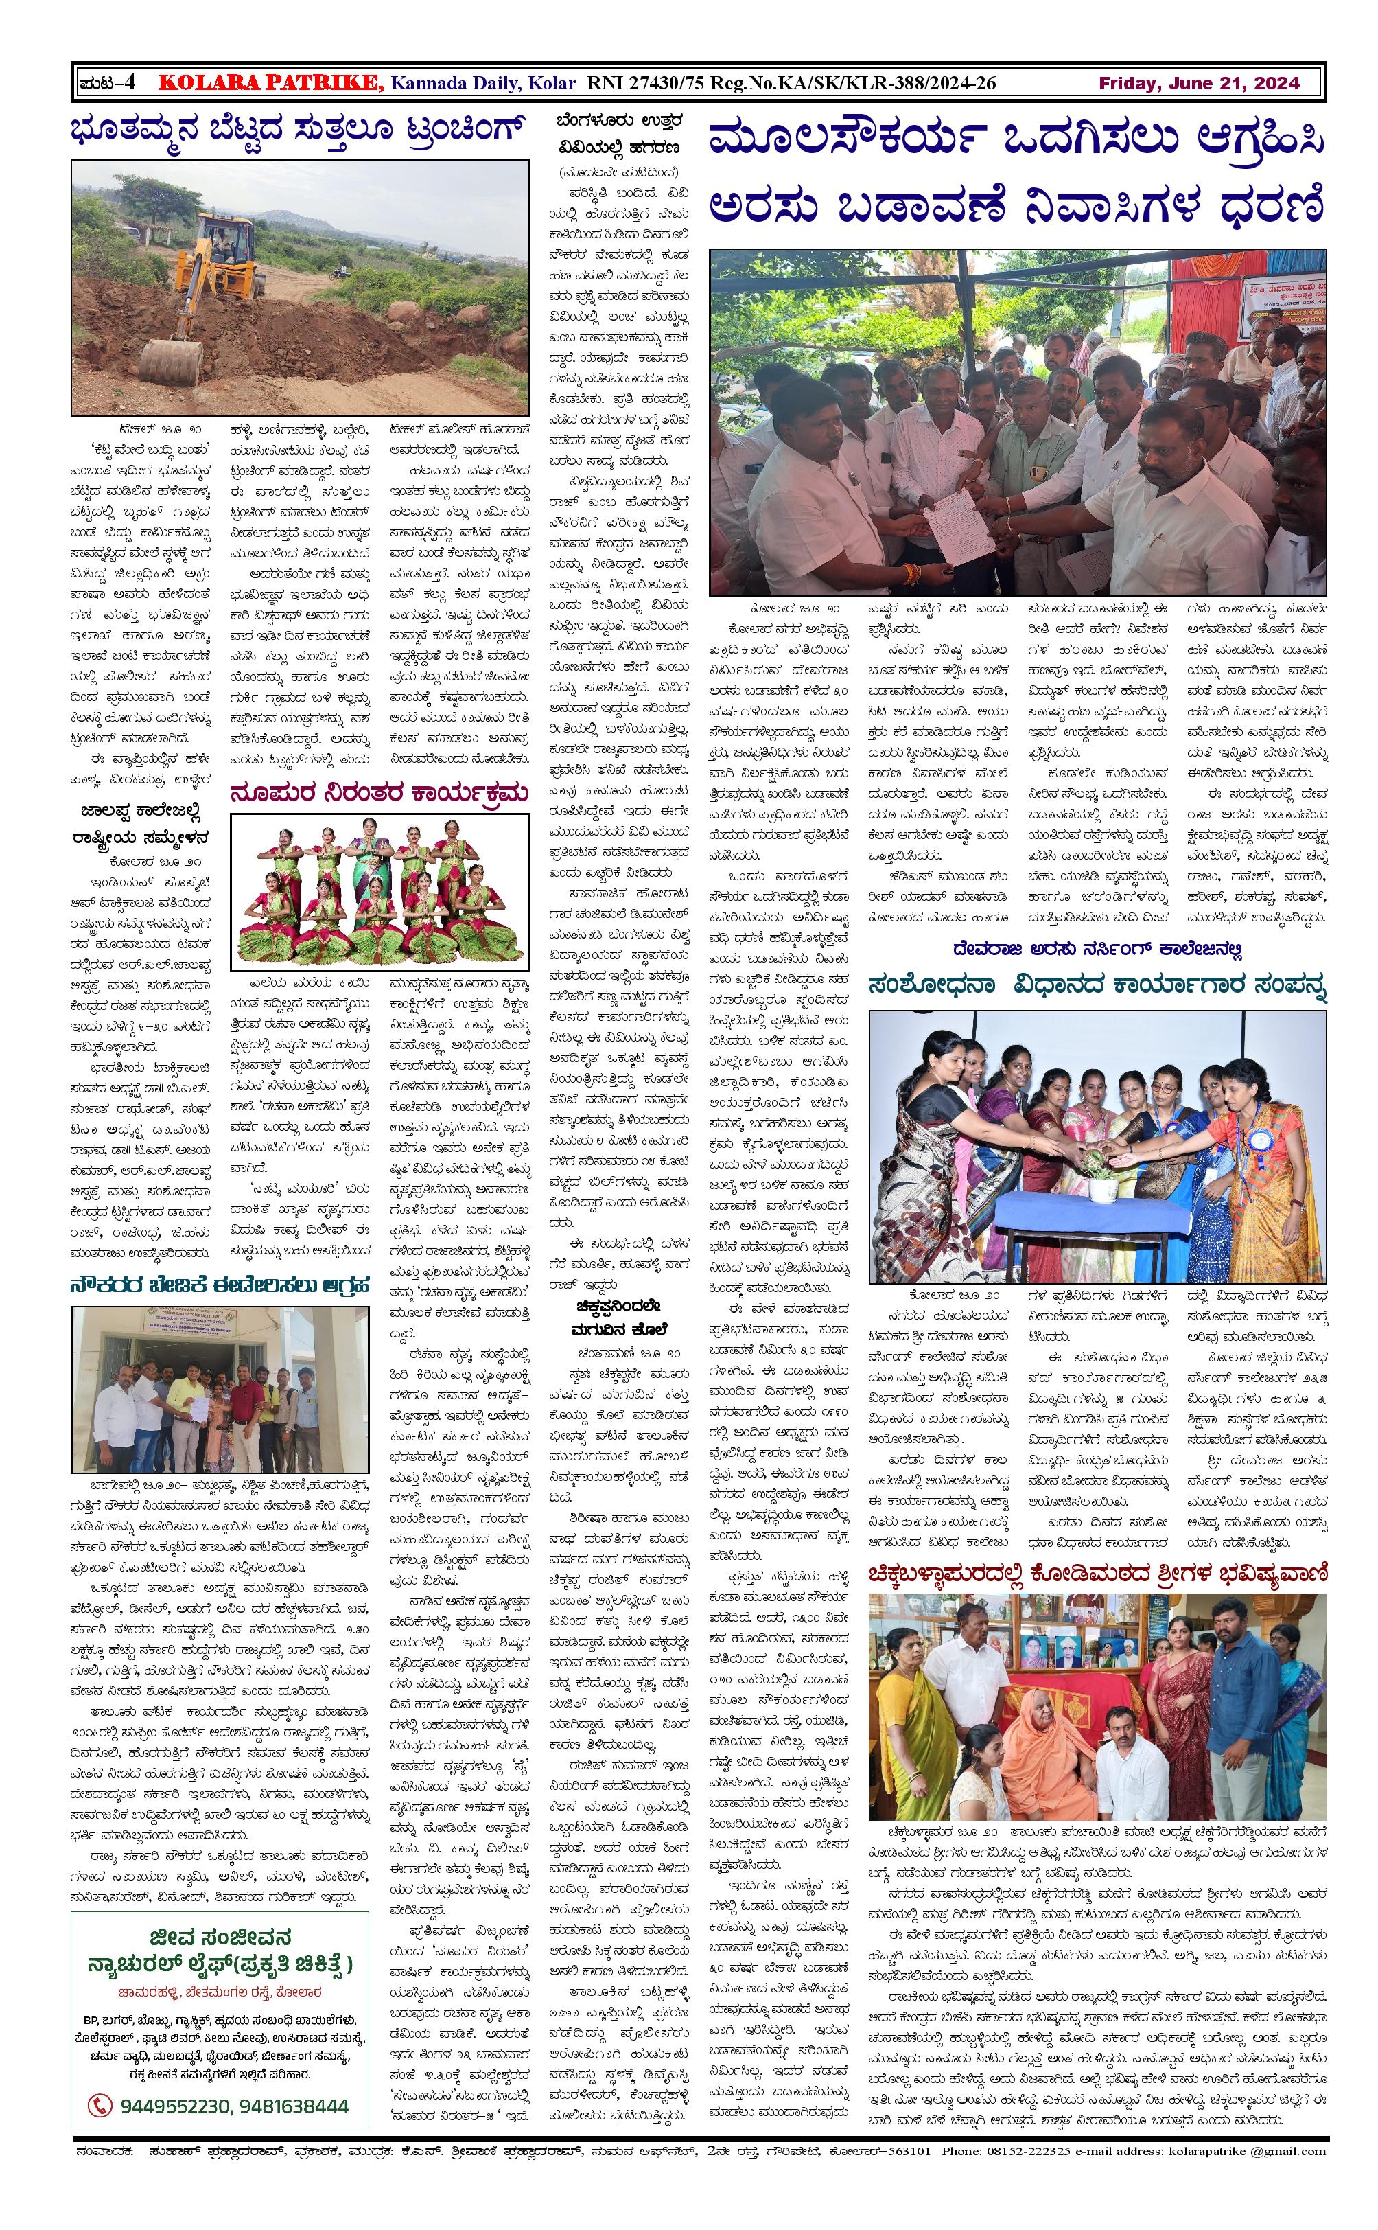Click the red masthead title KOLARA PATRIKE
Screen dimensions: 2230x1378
click(270, 84)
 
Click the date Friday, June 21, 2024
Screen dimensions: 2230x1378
click(1198, 84)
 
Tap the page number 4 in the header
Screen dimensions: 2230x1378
click(130, 84)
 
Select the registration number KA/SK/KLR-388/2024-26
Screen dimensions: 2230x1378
click(890, 84)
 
